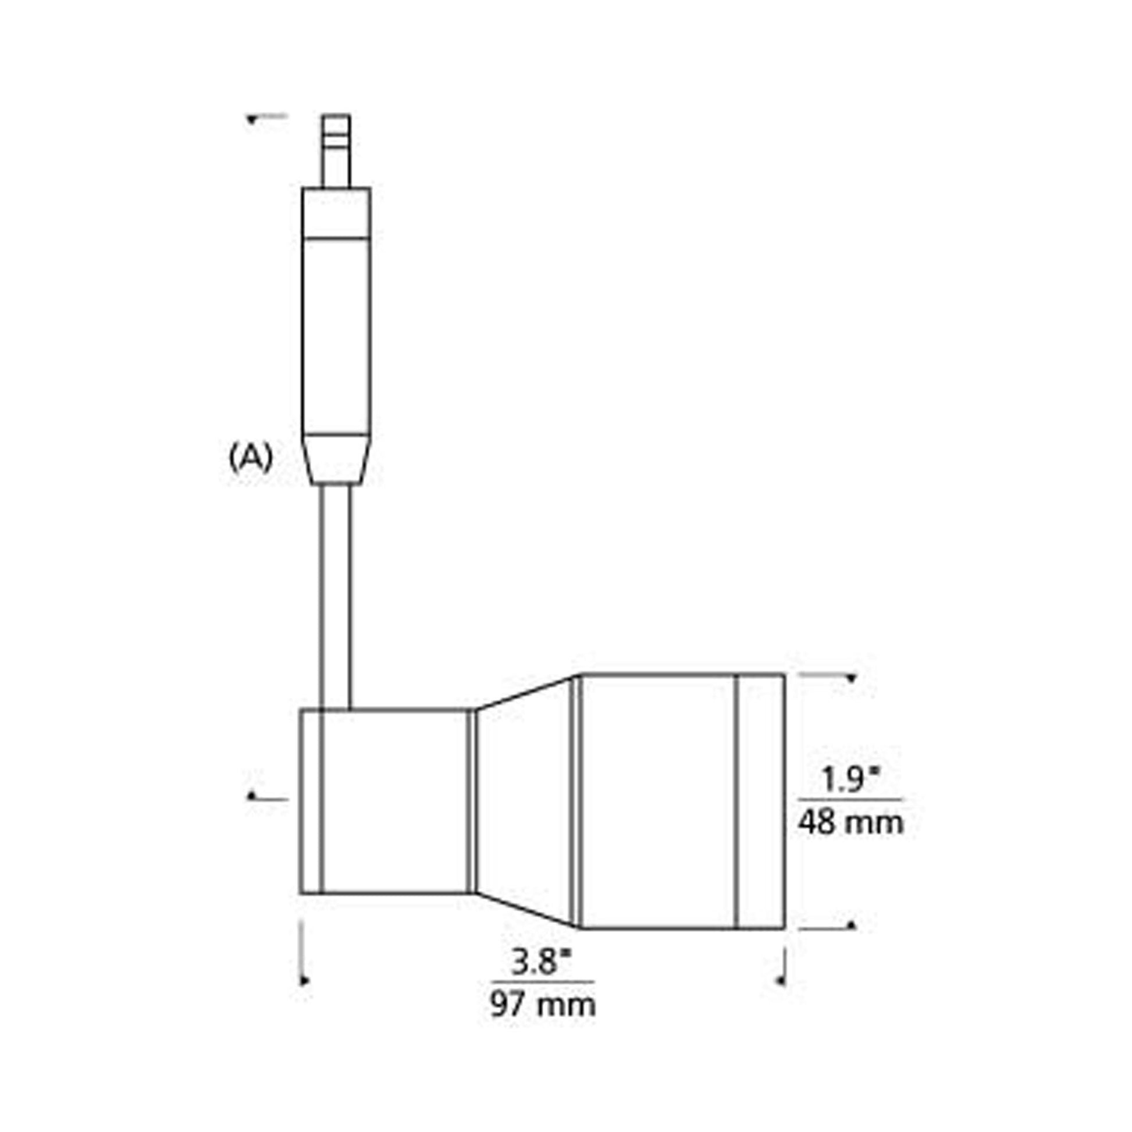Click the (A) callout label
click(x=250, y=458)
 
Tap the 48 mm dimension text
click(x=851, y=823)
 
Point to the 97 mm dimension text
click(x=543, y=1005)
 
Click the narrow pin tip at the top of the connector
click(x=336, y=149)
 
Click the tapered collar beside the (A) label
click(x=336, y=459)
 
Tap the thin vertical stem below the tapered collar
click(x=336, y=595)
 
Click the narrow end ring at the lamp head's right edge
click(x=761, y=802)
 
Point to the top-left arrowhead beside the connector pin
click(x=251, y=119)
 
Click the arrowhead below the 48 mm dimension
click(x=852, y=925)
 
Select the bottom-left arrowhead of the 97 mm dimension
click(x=304, y=980)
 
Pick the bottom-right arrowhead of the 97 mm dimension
click(x=780, y=980)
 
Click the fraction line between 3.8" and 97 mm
click(x=543, y=981)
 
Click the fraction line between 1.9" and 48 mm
click(x=851, y=799)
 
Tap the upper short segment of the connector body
click(x=336, y=212)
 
